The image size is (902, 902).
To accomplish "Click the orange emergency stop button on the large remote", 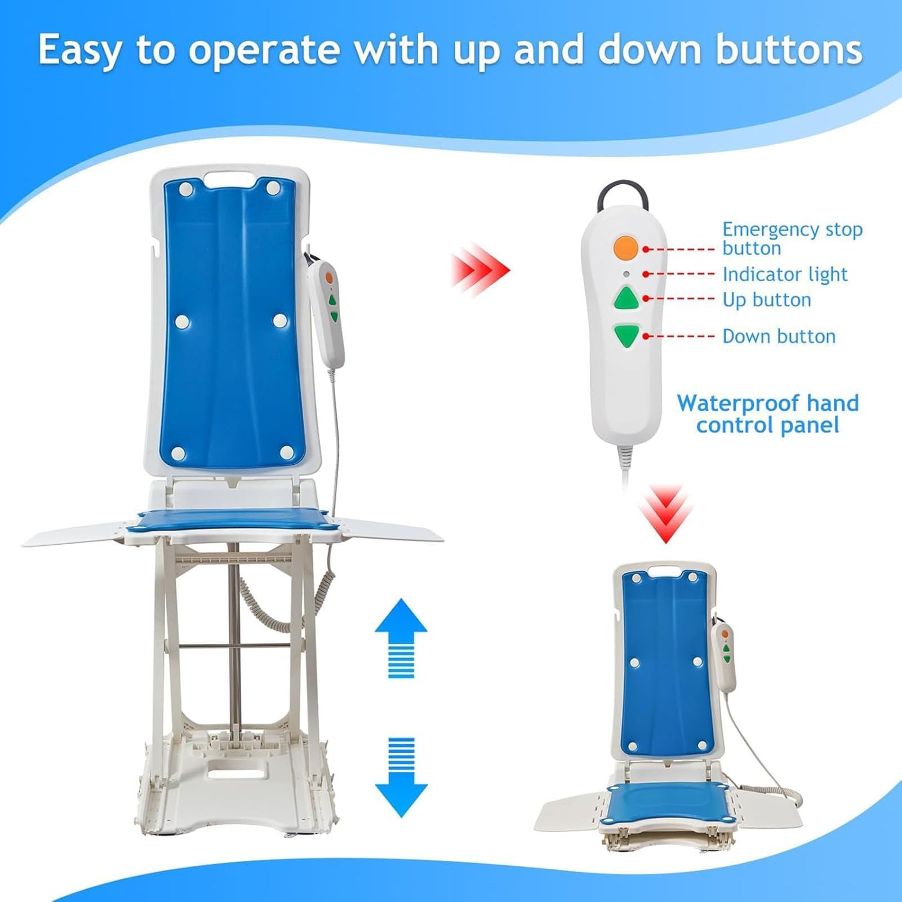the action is (x=625, y=247).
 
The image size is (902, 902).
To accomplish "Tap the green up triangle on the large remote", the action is (x=626, y=299).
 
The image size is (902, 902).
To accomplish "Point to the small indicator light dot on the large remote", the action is (x=626, y=274).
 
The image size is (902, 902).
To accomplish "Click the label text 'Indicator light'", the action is (x=785, y=274).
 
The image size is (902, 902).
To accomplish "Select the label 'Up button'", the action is (x=767, y=300).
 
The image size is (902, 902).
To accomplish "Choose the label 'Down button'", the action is (x=779, y=336).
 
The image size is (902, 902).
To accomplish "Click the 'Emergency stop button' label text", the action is (x=793, y=239).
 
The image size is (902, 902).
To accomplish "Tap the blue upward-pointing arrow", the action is (x=401, y=638).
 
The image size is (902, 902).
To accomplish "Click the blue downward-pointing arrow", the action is (x=401, y=777).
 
